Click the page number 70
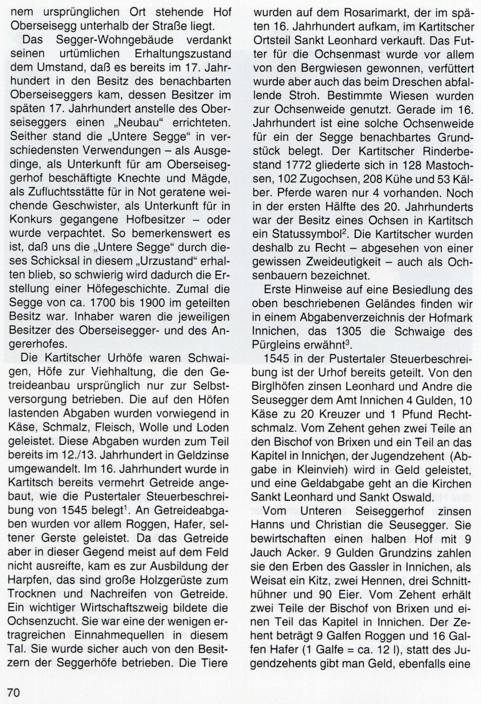pos(14,691)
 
